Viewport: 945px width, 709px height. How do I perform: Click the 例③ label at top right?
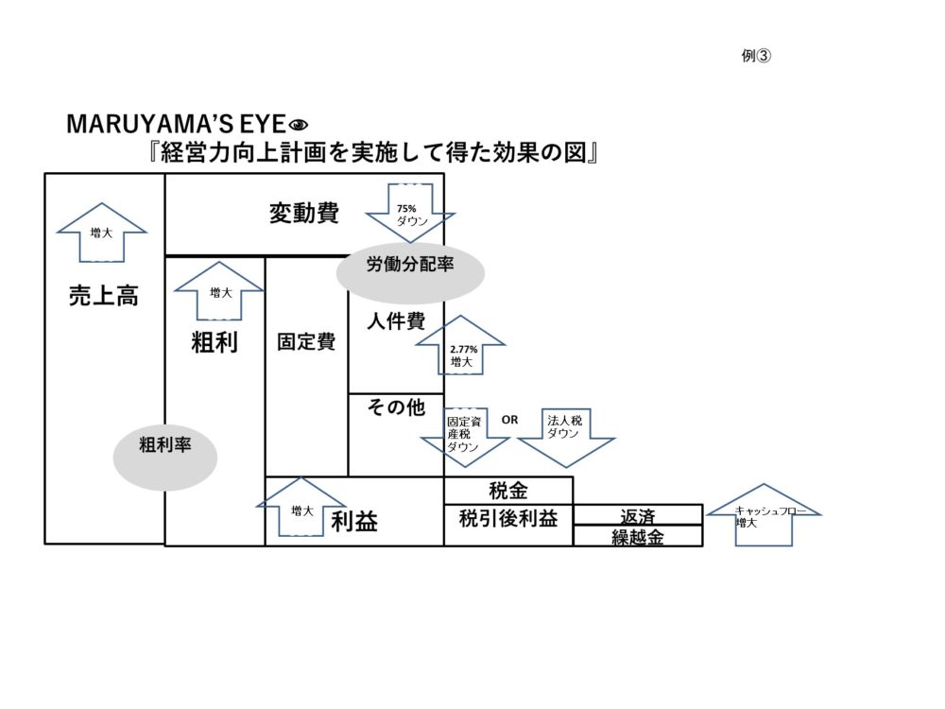[757, 56]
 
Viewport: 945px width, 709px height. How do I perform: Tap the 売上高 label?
[104, 295]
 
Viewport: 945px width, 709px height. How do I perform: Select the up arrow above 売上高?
[102, 232]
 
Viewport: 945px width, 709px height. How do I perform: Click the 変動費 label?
[303, 213]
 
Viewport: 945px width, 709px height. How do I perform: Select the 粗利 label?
[215, 342]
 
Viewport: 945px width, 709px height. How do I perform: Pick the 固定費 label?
[306, 341]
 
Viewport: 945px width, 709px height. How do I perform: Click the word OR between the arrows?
[509, 420]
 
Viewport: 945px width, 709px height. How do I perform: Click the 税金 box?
[508, 491]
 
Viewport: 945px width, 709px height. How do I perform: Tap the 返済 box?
[638, 516]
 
